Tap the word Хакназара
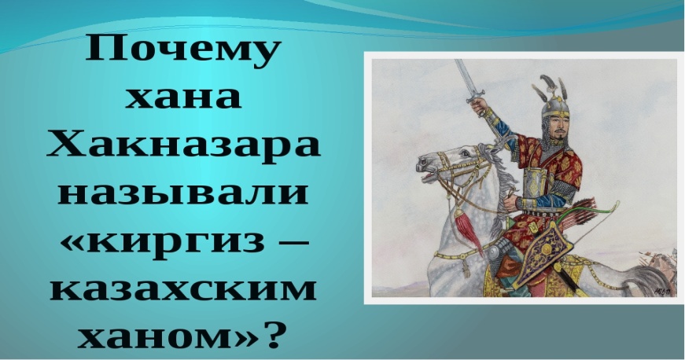pyautogui.click(x=183, y=145)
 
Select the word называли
pyautogui.click(x=183, y=193)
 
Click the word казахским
pyautogui.click(x=183, y=289)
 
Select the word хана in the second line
pyautogui.click(x=183, y=97)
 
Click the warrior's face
pyautogui.click(x=558, y=127)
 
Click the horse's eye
pyautogui.click(x=466, y=153)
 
